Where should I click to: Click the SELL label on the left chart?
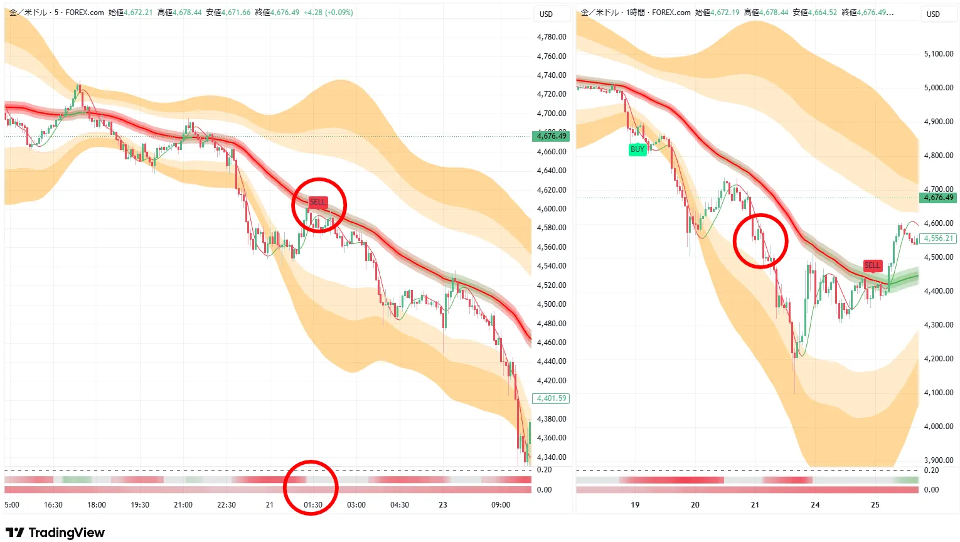[x=318, y=202]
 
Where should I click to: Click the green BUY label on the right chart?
[x=637, y=149]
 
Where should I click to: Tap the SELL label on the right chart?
[x=872, y=265]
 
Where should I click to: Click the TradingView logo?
[x=55, y=533]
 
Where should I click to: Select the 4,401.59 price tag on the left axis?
[x=551, y=398]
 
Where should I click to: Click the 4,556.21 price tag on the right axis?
[x=938, y=238]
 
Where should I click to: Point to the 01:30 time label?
[x=313, y=505]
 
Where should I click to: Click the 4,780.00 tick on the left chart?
[x=552, y=37]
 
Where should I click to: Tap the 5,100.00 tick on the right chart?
[x=939, y=54]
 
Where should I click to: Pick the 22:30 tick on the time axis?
[x=227, y=505]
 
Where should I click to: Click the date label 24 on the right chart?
[x=815, y=505]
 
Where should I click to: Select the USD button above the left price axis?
[x=547, y=14]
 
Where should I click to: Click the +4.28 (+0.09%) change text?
[x=328, y=13]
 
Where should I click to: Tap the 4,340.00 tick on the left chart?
[x=552, y=457]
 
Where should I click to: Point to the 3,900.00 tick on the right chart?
[x=939, y=460]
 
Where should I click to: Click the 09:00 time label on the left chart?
[x=501, y=505]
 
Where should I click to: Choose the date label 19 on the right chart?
[x=635, y=505]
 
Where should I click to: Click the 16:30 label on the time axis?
[x=53, y=505]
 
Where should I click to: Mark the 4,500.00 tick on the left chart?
[x=552, y=304]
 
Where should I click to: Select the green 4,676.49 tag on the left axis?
[x=551, y=136]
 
